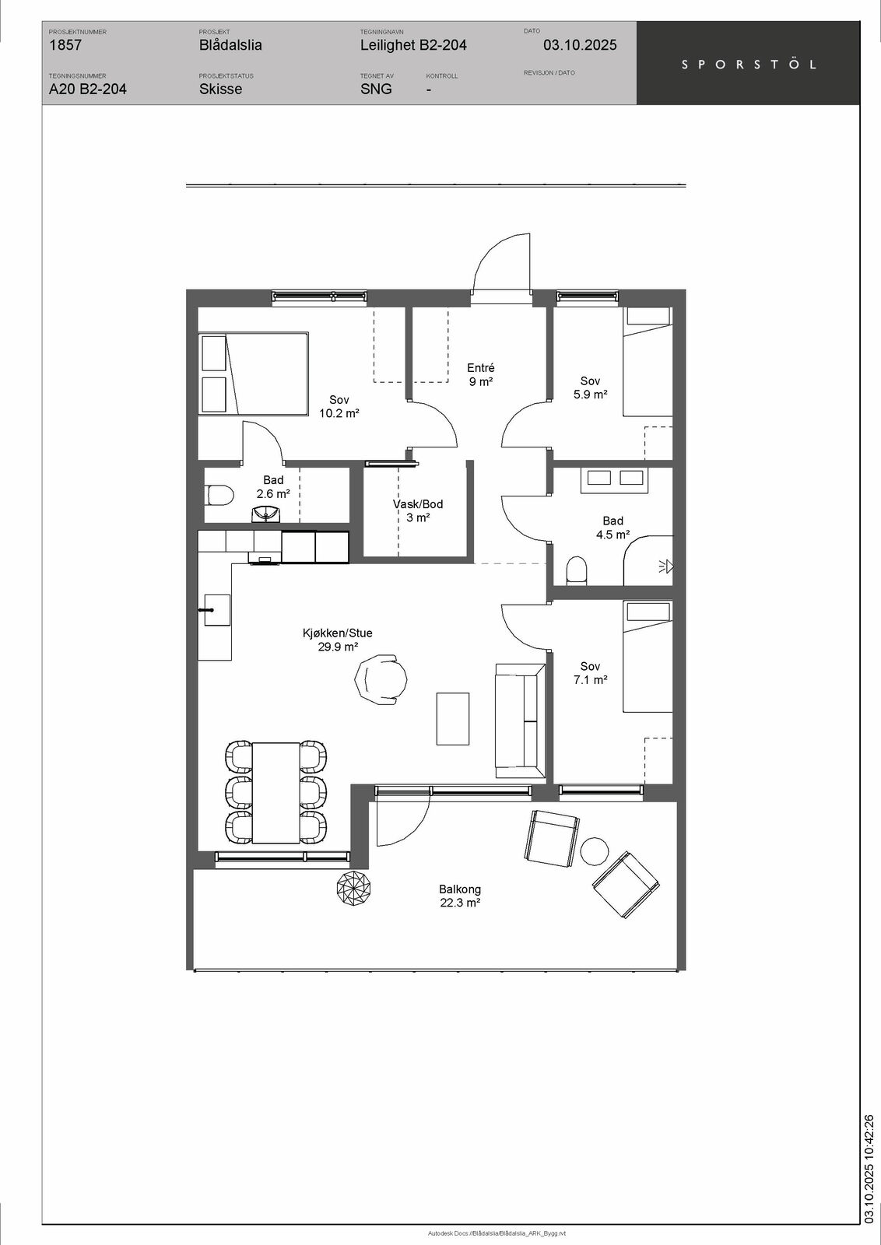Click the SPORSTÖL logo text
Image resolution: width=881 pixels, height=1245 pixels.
point(749,65)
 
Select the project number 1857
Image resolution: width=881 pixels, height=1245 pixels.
point(65,45)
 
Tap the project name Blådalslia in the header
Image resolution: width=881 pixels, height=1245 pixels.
point(230,45)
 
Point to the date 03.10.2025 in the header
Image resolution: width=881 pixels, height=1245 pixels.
point(580,45)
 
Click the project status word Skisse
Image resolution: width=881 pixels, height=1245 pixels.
point(221,89)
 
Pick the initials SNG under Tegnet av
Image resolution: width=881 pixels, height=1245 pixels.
point(376,89)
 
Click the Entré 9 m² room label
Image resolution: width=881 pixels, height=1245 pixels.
point(481,374)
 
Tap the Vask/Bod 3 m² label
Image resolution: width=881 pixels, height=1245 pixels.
point(418,510)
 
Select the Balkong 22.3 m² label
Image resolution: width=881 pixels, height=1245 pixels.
point(460,896)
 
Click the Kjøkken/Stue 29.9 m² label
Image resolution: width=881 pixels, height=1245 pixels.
point(338,640)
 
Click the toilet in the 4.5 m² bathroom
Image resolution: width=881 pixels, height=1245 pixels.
point(577,571)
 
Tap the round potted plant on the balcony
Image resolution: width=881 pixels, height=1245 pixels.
point(354,888)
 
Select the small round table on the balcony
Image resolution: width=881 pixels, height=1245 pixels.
point(595,851)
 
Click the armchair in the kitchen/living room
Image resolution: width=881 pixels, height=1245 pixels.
point(381,678)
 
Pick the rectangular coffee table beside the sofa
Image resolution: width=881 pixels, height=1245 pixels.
point(453,719)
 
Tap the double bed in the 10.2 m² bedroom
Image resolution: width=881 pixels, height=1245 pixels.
point(254,373)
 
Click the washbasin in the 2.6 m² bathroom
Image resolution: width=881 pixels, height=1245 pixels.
point(266,514)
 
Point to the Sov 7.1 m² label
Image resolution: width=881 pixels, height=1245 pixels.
point(590,672)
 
